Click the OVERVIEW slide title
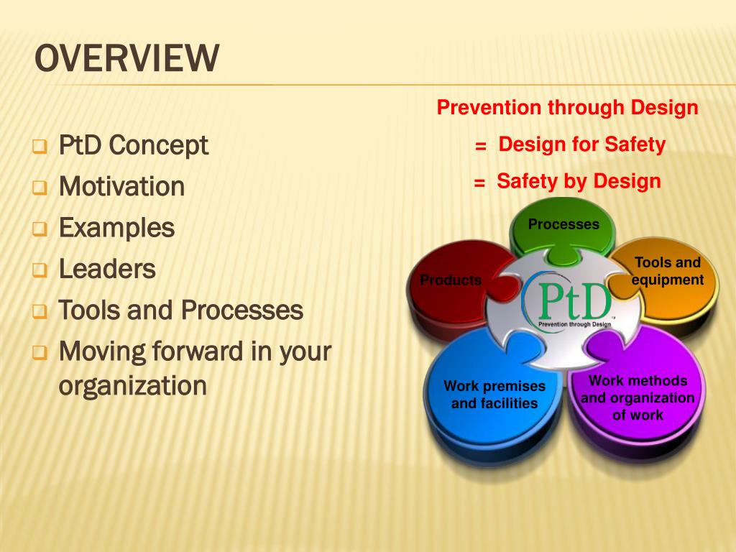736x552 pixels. coord(126,59)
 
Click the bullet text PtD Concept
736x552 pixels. coord(134,146)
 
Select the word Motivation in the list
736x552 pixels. coord(121,187)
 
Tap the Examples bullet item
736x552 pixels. coord(116,229)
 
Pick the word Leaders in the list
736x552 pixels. coord(107,270)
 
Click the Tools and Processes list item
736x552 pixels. coord(180,311)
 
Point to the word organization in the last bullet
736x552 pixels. coord(132,386)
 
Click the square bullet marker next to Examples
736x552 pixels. coord(39,230)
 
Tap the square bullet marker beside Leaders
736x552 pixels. coord(39,272)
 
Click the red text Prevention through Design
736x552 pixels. coord(567,109)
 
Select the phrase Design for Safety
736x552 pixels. coord(581,145)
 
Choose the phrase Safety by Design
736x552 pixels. coord(578,181)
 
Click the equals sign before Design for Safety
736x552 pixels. coord(481,147)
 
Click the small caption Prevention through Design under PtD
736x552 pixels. coord(574,325)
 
